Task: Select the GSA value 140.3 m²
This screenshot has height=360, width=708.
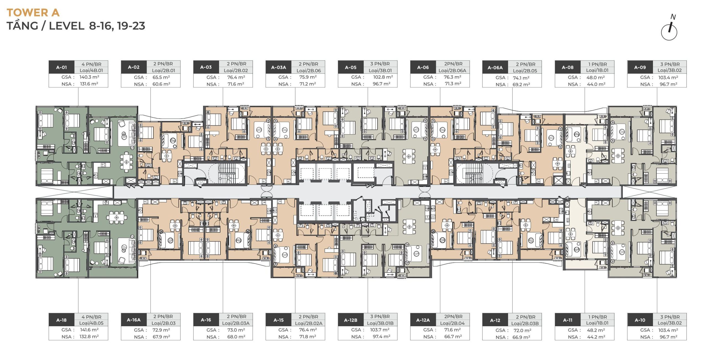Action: [x=89, y=77]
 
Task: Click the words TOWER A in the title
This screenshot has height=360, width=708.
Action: [x=33, y=12]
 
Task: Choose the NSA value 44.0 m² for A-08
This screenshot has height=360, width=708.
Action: [x=596, y=84]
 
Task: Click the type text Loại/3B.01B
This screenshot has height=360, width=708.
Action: [x=380, y=323]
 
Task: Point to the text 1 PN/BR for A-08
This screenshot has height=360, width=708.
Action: [x=597, y=64]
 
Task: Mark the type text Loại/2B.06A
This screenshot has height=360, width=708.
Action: [x=452, y=71]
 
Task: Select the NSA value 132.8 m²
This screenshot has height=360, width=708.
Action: [x=89, y=337]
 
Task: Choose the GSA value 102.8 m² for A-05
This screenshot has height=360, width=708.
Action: [x=383, y=77]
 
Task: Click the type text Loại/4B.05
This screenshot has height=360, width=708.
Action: [x=91, y=323]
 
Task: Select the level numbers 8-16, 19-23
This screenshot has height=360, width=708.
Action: [x=117, y=26]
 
